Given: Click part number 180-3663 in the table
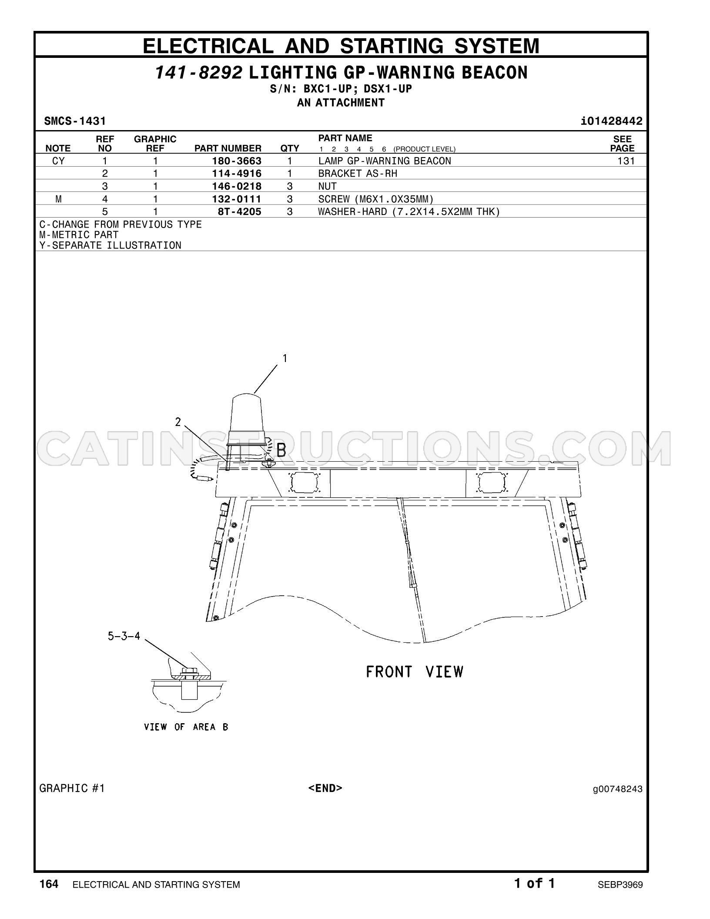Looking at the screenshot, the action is pos(237,161).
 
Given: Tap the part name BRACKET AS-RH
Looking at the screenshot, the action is pos(358,174).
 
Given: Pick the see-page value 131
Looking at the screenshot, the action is pos(626,161).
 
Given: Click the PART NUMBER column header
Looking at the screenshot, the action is pos(228,148).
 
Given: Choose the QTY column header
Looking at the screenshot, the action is pos(290,148).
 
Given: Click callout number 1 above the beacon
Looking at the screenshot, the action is pos(285,358).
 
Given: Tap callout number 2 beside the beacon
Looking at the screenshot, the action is pos(178,422).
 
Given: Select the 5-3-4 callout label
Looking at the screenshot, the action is pos(124,636).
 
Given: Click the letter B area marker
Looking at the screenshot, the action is pos(281,450).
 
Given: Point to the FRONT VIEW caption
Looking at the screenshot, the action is pos(415,672).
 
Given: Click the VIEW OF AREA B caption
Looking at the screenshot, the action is pos(186,727).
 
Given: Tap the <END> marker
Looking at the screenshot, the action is pos(325,788).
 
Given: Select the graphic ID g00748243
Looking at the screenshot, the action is pos(617,789).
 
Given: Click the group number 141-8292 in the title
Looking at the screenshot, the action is pos(198,73).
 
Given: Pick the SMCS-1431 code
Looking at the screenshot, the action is pos(75,121).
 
